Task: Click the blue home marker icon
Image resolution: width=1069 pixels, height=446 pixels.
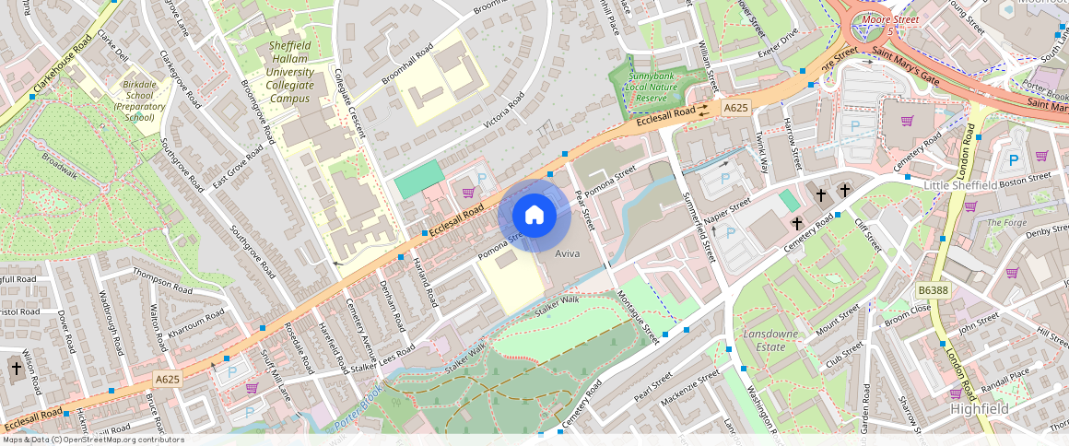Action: (x=534, y=216)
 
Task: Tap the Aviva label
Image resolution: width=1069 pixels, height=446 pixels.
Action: (x=567, y=252)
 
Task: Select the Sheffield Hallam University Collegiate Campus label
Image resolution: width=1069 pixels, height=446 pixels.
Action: (x=290, y=72)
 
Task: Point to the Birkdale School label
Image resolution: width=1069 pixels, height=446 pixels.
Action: (x=139, y=100)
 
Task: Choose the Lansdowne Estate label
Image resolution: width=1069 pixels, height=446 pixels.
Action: (x=765, y=340)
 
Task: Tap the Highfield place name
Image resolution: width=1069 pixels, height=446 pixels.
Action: (x=979, y=408)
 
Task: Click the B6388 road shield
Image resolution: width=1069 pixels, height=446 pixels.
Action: (x=933, y=290)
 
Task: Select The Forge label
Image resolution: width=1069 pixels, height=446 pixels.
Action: (x=1006, y=222)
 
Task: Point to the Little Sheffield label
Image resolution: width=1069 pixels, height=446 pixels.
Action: (x=961, y=185)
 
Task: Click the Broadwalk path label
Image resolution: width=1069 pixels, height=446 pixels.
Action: (x=59, y=164)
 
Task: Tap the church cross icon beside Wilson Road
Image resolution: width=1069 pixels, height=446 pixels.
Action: (x=15, y=369)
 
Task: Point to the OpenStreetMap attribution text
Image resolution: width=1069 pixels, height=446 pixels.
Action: (x=92, y=440)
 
